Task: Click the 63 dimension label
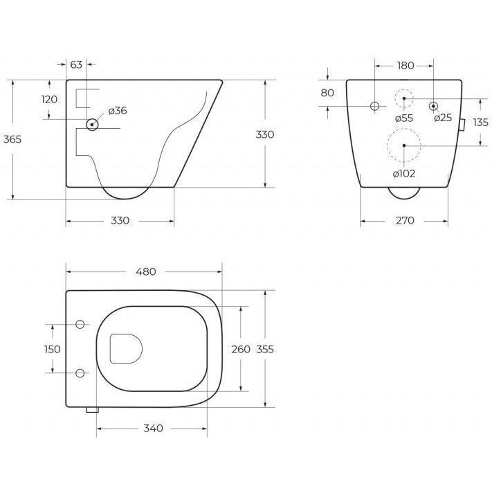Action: point(76,64)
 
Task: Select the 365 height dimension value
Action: point(12,139)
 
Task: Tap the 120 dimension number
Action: point(49,99)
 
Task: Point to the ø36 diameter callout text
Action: point(118,111)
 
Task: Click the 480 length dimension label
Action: point(146,271)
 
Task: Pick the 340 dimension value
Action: point(153,428)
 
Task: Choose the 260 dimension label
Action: point(241,349)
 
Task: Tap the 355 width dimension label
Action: point(265,349)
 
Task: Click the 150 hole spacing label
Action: point(52,349)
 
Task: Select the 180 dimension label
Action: point(406,66)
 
